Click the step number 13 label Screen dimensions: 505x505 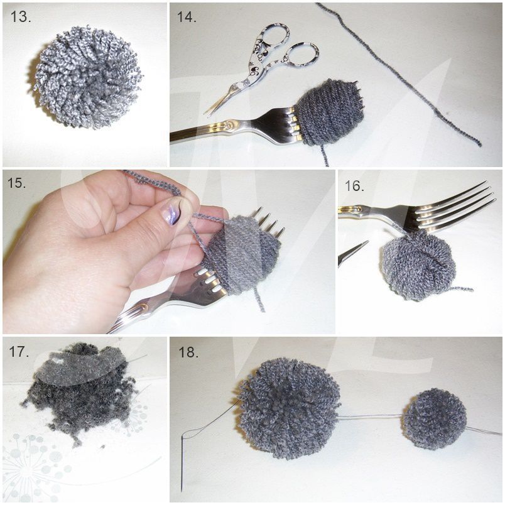(21, 16)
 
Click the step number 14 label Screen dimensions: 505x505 (187, 16)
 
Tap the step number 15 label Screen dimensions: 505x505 (16, 183)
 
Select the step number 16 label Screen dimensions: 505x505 (355, 186)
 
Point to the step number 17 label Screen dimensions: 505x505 (19, 351)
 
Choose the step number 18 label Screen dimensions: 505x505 (188, 352)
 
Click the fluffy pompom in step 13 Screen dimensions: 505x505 (87, 77)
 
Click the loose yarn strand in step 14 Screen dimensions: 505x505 (399, 74)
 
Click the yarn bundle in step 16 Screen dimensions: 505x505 (419, 264)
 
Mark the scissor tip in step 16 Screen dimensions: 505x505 (367, 242)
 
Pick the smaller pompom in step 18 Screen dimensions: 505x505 (435, 419)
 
